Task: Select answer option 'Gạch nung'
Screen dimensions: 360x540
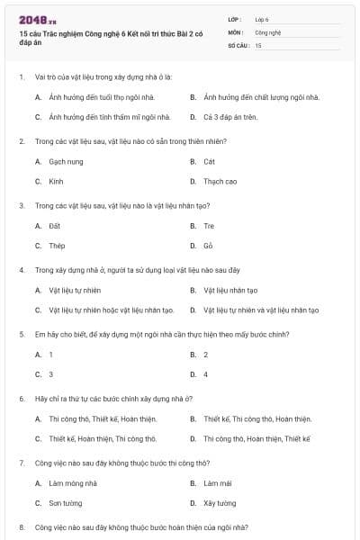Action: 66,161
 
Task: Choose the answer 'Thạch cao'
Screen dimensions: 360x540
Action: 220,181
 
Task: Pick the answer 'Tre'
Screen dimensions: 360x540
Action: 209,226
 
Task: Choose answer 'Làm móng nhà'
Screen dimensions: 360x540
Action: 73,483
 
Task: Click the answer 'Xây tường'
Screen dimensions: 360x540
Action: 220,503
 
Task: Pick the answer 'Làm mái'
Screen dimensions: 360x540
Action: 217,483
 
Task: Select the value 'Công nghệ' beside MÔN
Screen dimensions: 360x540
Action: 268,31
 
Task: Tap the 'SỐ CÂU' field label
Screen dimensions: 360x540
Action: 238,44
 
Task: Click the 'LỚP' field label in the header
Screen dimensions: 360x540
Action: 235,18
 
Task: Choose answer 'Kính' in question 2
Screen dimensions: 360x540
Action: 57,181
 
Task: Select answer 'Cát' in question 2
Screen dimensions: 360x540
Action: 210,161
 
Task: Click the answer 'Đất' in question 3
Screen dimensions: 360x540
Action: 55,226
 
